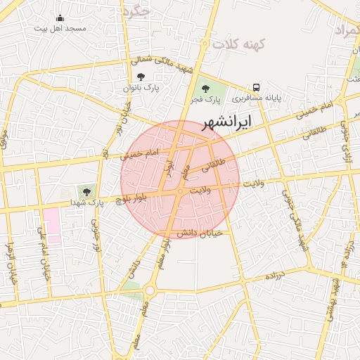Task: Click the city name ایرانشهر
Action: tap(226, 124)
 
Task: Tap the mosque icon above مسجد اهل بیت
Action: tap(60, 18)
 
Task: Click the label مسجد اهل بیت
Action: tap(60, 29)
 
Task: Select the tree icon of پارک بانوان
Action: tap(141, 77)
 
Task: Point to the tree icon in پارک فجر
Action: tap(205, 89)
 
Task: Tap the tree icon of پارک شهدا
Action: tap(87, 190)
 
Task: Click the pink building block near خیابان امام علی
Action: tap(52, 224)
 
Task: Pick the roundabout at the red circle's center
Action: tap(181, 191)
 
